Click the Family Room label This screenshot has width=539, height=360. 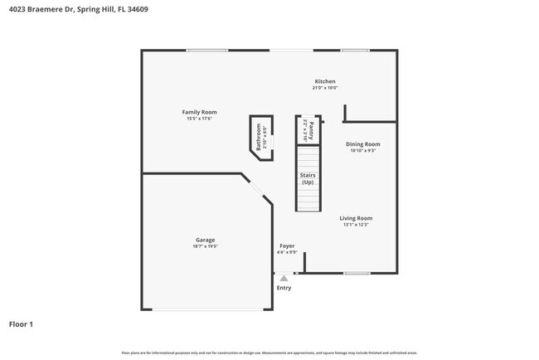[x=199, y=112]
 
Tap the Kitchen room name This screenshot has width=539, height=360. [x=324, y=81]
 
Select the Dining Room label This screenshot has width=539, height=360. [x=363, y=144]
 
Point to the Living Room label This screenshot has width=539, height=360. [x=356, y=218]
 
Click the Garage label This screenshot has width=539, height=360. [x=205, y=240]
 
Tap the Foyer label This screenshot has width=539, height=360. [x=287, y=246]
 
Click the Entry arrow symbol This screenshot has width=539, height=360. [x=284, y=278]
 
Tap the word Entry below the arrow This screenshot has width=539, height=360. [x=284, y=288]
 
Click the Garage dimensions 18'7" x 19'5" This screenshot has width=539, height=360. [x=205, y=246]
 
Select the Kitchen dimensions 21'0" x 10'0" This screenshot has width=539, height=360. [x=324, y=88]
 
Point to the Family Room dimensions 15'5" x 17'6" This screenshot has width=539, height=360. [x=199, y=119]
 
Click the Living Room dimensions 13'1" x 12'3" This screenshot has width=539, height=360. [x=356, y=225]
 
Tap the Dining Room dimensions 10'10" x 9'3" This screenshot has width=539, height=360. [x=363, y=151]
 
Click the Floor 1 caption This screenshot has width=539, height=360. [x=21, y=324]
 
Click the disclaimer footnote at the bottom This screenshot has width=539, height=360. [x=269, y=353]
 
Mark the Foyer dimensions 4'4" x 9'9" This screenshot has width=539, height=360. [x=287, y=252]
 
